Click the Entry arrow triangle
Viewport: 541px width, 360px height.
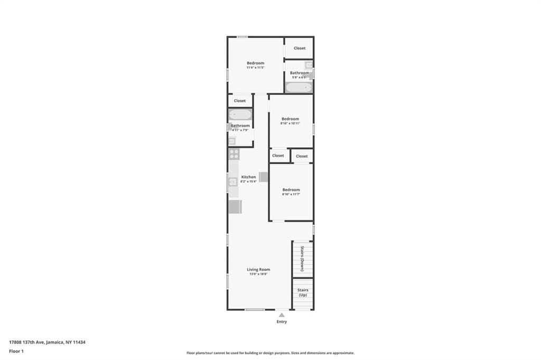point(282,315)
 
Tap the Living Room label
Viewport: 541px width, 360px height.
point(258,269)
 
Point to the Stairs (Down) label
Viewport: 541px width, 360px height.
point(302,259)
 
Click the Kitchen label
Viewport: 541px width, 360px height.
point(248,177)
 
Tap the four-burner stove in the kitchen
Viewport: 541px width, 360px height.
point(234,154)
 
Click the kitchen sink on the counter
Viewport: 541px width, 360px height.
point(232,182)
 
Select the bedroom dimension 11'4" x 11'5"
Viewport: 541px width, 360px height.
point(255,68)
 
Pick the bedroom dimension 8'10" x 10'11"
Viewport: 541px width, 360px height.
point(290,124)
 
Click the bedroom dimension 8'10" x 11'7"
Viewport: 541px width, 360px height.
point(291,194)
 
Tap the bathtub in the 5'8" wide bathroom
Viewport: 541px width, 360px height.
point(299,88)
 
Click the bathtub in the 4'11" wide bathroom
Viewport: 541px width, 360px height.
point(240,115)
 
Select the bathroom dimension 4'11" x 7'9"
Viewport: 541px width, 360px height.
point(240,130)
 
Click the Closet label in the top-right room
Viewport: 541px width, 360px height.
point(300,48)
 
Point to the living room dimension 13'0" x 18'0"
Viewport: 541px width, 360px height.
point(258,274)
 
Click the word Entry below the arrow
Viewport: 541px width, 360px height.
point(282,321)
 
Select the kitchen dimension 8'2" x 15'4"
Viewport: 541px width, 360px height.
point(248,182)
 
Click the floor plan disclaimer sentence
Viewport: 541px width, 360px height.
point(270,353)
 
